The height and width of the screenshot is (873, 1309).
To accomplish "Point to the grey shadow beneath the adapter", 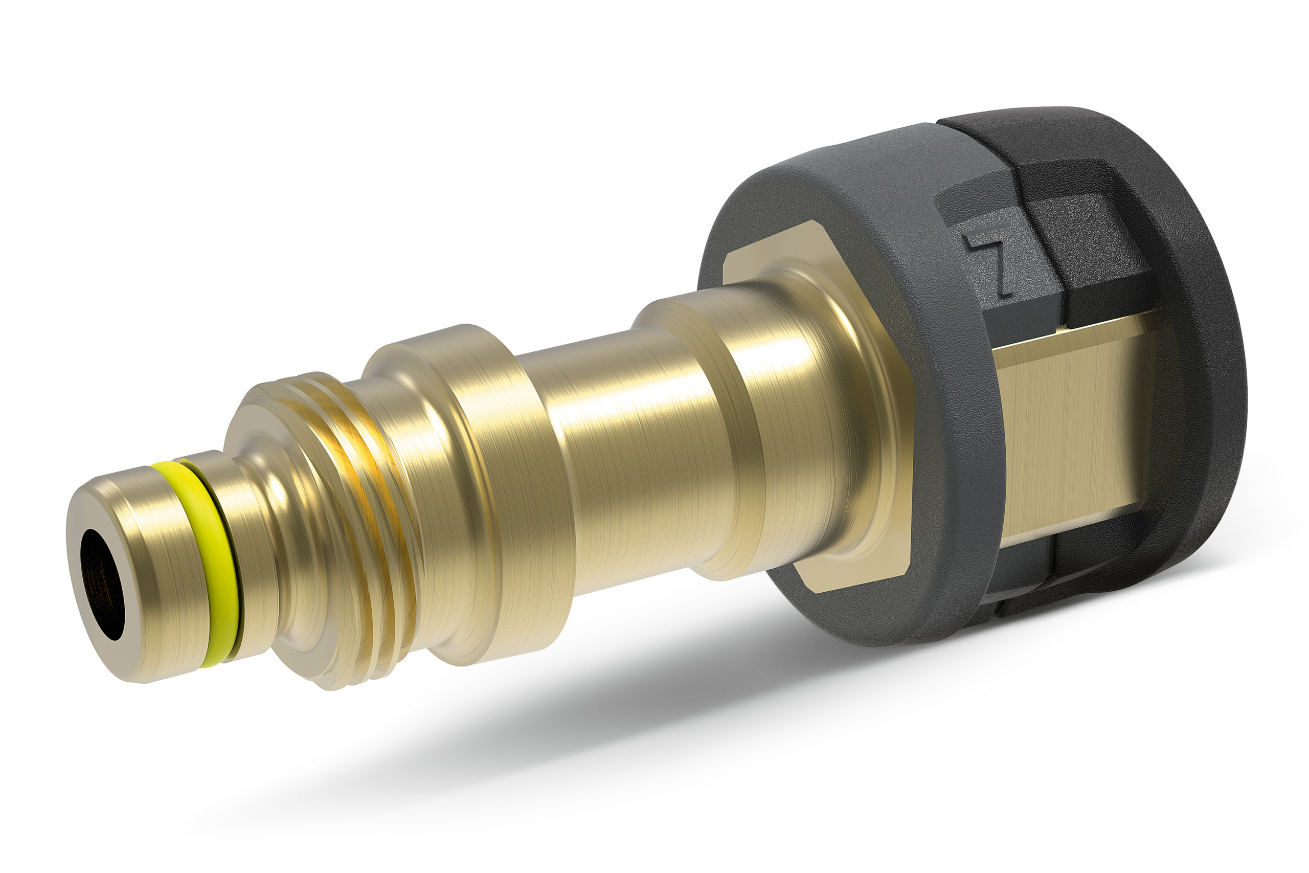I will coord(612,724).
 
